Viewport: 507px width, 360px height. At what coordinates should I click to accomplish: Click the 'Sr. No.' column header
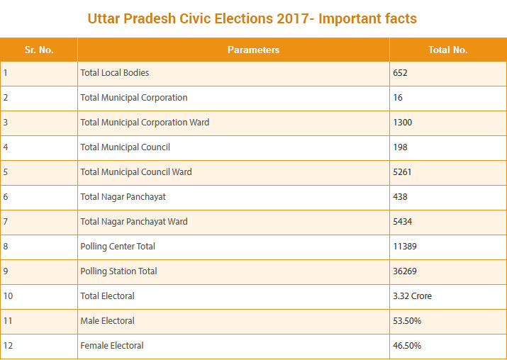click(x=38, y=50)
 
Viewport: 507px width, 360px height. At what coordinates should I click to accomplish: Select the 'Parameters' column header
click(x=253, y=50)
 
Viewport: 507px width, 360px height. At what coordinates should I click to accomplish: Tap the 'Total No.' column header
click(x=447, y=50)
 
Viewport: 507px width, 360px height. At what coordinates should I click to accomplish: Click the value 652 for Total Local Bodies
click(x=400, y=73)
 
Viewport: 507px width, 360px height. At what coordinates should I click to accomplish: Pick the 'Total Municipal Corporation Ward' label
click(x=145, y=123)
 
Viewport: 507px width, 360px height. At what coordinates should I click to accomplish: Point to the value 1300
click(x=402, y=123)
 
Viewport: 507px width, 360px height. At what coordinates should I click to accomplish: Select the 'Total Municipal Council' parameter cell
click(x=125, y=147)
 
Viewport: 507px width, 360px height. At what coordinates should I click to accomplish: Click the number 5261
click(x=402, y=172)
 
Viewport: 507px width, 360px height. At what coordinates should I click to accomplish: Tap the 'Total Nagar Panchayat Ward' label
click(x=134, y=222)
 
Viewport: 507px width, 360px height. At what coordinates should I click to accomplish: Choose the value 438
click(x=400, y=197)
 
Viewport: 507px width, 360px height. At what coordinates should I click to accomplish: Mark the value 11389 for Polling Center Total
click(x=404, y=247)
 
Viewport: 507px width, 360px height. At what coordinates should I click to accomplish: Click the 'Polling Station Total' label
click(x=118, y=271)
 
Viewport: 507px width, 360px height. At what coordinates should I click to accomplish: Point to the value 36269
click(x=404, y=271)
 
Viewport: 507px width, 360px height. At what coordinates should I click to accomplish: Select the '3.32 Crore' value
click(x=412, y=296)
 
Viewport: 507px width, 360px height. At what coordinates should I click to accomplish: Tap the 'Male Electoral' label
click(x=107, y=321)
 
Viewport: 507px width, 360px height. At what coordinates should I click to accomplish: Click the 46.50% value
click(x=407, y=346)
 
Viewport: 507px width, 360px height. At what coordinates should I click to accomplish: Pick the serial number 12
click(x=7, y=346)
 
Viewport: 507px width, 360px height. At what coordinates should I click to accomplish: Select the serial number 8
click(x=5, y=247)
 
